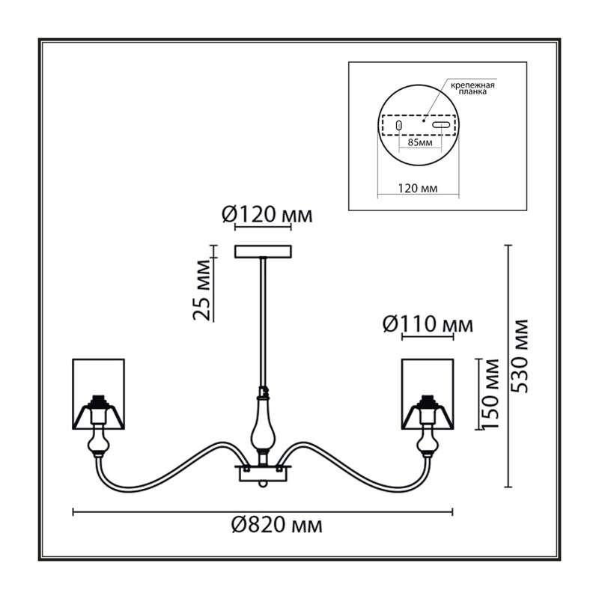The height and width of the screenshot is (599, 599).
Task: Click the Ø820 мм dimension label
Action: coord(276,526)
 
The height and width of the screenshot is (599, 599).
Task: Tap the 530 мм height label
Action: coord(520,356)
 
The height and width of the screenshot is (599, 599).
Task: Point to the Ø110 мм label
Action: coord(428,325)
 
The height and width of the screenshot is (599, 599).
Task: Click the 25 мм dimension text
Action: coord(201,290)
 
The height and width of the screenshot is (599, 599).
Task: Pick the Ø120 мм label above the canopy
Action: coord(267,215)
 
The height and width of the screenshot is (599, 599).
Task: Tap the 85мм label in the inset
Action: coord(420,143)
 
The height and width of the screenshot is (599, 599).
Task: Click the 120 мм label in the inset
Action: coord(418,189)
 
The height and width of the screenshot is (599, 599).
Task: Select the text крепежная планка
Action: coord(472,88)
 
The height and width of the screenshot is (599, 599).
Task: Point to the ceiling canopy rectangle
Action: coord(264,252)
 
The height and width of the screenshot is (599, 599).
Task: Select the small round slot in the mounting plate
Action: coord(399,125)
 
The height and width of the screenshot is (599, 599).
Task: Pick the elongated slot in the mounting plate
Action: coord(441,124)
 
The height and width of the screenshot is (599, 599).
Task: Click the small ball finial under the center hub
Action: coord(263,484)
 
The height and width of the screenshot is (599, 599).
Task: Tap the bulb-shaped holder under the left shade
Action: coord(99,444)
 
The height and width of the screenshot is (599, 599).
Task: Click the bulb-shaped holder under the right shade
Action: coord(428,444)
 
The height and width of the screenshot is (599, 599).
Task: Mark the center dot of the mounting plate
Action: coord(423,121)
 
